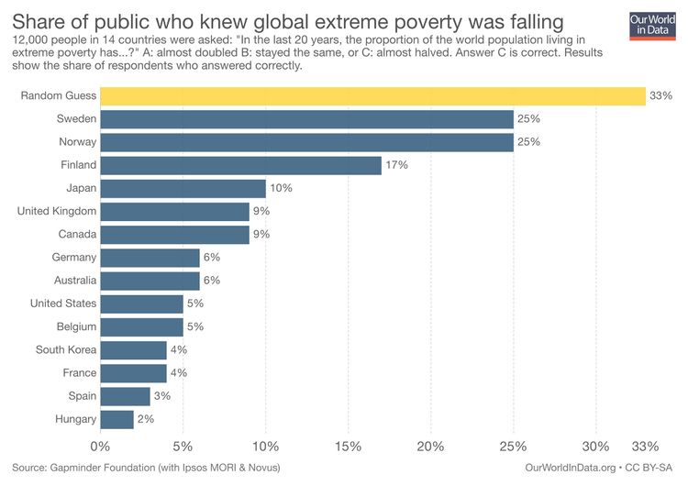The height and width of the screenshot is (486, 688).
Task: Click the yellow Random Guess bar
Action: point(372,96)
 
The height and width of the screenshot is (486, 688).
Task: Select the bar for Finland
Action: point(240,165)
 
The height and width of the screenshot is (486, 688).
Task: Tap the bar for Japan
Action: point(183,188)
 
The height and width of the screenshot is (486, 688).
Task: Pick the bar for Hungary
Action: point(117,419)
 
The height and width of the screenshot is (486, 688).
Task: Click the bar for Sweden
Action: point(306,119)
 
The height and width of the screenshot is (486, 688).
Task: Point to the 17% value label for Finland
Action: point(396,165)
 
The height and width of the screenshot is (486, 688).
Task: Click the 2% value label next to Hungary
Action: point(145,419)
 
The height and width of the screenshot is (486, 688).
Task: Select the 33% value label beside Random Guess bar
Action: point(660,96)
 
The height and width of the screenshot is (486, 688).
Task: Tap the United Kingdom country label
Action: point(57,211)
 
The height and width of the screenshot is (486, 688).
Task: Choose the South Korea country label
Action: point(66,349)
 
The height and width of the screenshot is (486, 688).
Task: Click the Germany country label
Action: point(74,258)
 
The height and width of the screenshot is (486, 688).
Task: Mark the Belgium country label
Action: point(75,326)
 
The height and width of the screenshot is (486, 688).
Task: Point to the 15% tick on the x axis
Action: point(348,447)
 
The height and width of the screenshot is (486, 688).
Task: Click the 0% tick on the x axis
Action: point(100,447)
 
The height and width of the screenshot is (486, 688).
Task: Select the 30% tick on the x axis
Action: point(595,447)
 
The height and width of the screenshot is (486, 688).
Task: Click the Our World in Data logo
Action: point(653,26)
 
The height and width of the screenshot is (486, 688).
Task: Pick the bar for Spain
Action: point(125,396)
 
